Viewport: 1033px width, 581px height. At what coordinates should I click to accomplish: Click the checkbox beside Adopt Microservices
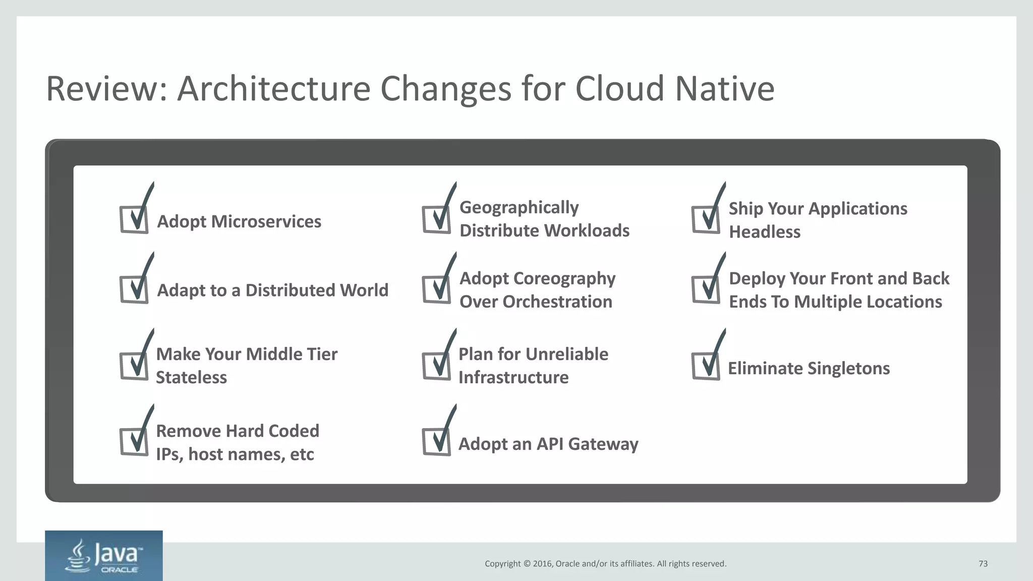[134, 219]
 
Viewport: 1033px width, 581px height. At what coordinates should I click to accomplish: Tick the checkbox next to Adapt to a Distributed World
[134, 289]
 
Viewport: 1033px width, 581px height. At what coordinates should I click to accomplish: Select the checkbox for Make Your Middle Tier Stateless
[134, 366]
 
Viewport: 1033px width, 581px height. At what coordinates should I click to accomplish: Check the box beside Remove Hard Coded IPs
[134, 441]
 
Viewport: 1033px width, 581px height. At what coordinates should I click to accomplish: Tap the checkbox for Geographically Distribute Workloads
[437, 219]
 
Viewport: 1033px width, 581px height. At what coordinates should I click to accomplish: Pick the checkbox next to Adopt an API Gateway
[437, 441]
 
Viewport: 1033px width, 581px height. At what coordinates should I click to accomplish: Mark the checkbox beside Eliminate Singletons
[706, 366]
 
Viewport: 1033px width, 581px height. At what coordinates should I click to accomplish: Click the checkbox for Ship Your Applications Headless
[706, 219]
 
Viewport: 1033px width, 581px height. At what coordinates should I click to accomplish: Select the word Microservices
[266, 221]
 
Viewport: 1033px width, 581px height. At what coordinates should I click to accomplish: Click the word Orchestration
[557, 302]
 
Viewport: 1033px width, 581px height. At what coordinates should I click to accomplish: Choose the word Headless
[765, 232]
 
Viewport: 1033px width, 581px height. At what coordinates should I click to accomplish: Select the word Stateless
[191, 377]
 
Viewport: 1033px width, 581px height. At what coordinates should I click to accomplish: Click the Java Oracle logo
[104, 556]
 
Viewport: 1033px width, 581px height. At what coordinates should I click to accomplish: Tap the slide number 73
[983, 563]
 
